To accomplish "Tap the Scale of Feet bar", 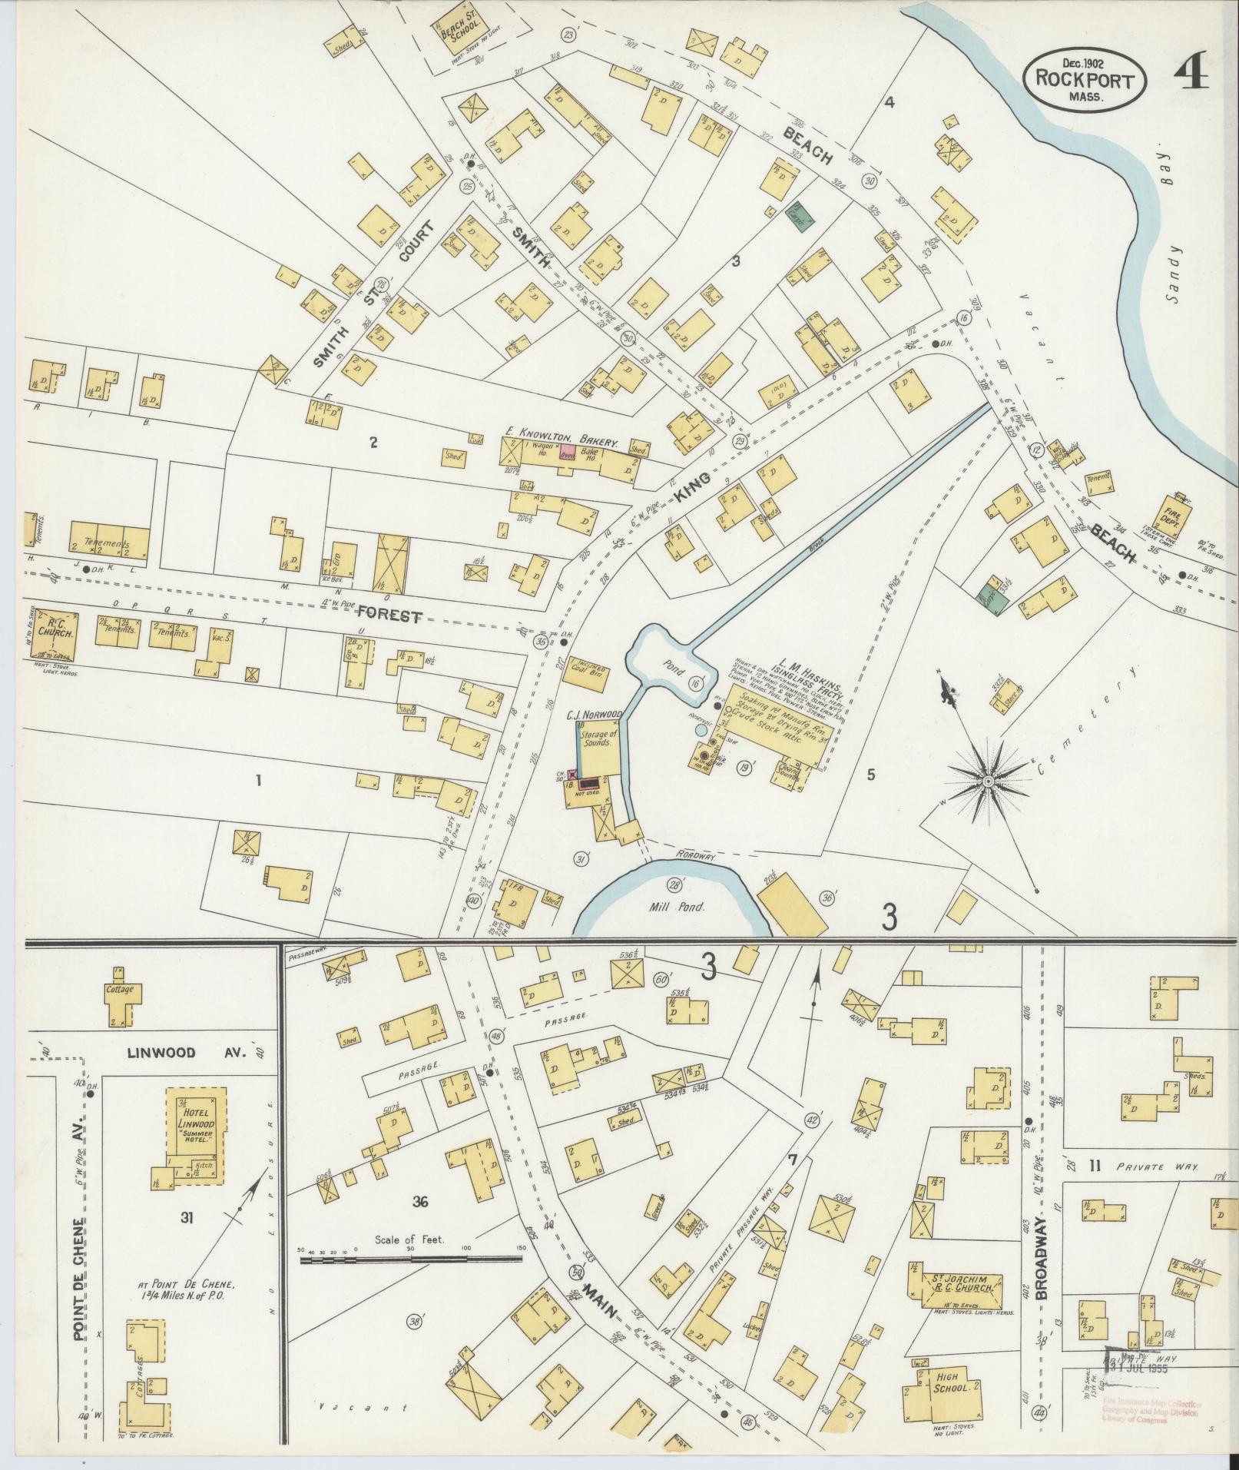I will pos(411,1259).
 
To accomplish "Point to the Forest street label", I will pos(390,615).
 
